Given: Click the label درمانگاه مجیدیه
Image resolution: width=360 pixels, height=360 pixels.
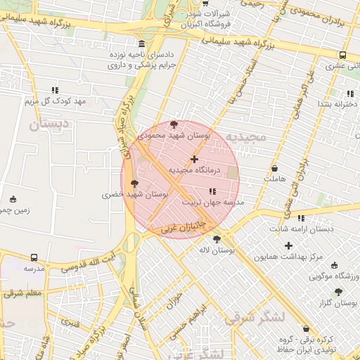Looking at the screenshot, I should pos(195,170).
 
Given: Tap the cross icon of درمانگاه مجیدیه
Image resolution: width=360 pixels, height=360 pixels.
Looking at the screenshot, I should pos(195,160).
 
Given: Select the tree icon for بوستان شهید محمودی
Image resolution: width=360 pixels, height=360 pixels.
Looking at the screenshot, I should pos(174,124).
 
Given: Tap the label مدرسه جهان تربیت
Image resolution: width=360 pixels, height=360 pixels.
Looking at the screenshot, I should pos(213,202).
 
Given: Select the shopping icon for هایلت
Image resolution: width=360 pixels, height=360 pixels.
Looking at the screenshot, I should pos(274,169).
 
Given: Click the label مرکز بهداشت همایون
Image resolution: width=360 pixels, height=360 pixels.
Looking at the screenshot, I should pos(288,257).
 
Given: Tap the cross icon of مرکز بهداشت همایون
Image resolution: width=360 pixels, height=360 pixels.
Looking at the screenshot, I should pos(288,246).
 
